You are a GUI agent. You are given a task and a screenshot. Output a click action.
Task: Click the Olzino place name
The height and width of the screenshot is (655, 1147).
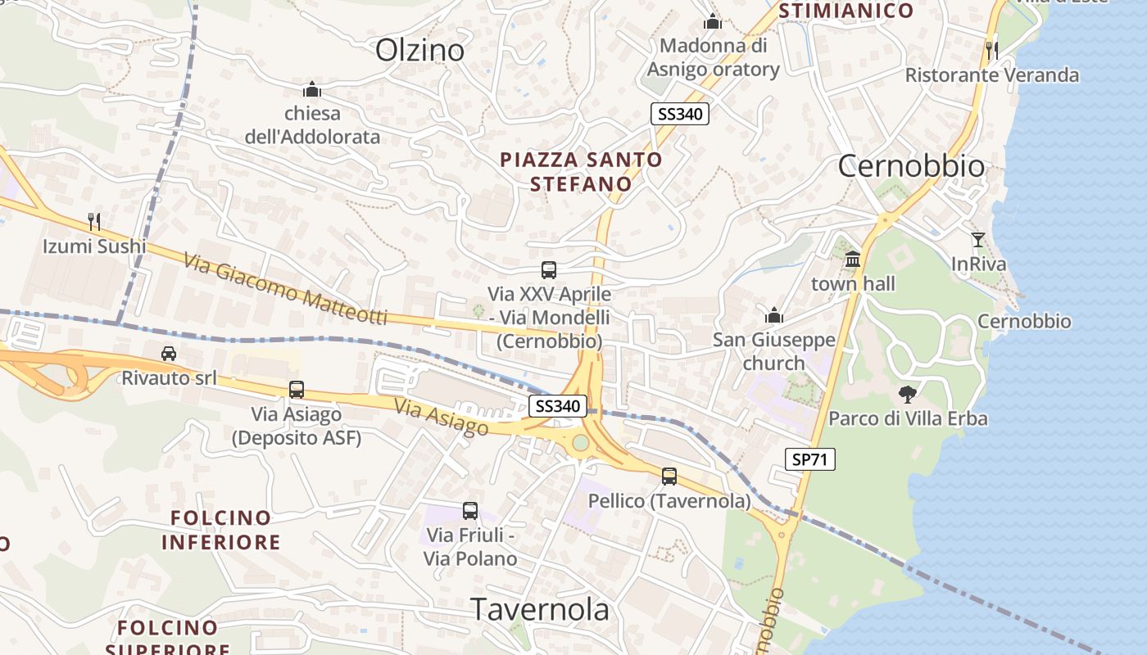pos(419,51)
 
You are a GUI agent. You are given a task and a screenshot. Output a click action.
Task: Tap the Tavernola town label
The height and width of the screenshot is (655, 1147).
pos(540,610)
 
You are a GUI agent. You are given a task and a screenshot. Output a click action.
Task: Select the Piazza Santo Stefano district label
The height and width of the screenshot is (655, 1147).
pos(581,172)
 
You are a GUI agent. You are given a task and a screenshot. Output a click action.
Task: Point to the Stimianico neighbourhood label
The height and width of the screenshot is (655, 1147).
pos(846,11)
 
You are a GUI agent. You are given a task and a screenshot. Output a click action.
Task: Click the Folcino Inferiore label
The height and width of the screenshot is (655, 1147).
pos(220,530)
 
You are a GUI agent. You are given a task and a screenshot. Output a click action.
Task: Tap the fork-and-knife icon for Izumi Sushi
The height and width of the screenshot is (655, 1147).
pos(94,221)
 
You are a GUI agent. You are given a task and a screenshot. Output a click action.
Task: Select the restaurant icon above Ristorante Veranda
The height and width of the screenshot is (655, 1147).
pos(992,50)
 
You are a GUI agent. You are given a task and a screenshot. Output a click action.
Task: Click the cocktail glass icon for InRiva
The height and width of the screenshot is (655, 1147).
pos(978,240)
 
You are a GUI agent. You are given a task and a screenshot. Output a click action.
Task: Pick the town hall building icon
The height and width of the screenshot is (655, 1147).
pos(853,260)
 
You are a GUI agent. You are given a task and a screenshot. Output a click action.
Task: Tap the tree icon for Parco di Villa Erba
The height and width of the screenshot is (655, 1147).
pos(907,395)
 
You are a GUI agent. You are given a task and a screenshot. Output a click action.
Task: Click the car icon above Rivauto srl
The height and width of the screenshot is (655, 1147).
pos(169,354)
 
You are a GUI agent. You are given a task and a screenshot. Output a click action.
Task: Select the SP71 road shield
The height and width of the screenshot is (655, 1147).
pos(810,460)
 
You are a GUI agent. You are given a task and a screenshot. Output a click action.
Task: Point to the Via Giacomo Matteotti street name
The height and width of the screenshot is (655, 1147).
pos(284,291)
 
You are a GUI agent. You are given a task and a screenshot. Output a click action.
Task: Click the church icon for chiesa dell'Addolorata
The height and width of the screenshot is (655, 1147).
pos(311,89)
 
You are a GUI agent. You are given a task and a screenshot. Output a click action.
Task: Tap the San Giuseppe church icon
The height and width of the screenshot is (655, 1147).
pos(773,315)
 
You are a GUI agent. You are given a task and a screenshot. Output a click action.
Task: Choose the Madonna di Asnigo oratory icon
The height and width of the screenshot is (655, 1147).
pos(713,21)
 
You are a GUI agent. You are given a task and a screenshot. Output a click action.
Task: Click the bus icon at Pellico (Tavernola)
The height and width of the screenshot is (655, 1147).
pos(669,476)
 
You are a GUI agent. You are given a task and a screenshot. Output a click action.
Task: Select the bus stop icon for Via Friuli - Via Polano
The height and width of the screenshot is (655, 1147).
pos(470,511)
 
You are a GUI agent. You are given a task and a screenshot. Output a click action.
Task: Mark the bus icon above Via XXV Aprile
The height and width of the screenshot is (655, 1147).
pos(549,269)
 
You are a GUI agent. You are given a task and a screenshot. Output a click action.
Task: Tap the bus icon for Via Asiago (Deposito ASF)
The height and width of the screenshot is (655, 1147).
pos(297,390)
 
